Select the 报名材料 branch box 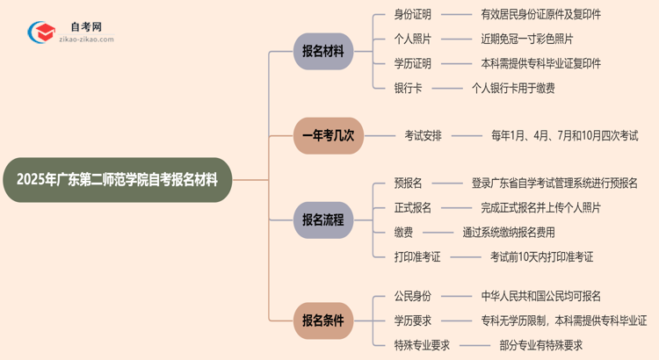point(323,51)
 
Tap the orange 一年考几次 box point(327,136)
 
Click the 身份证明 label point(414,15)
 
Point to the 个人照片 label point(414,40)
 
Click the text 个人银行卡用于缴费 point(513,88)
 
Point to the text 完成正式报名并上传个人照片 point(540,208)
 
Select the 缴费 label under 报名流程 point(402,233)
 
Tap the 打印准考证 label point(418,257)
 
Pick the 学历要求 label point(414,321)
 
